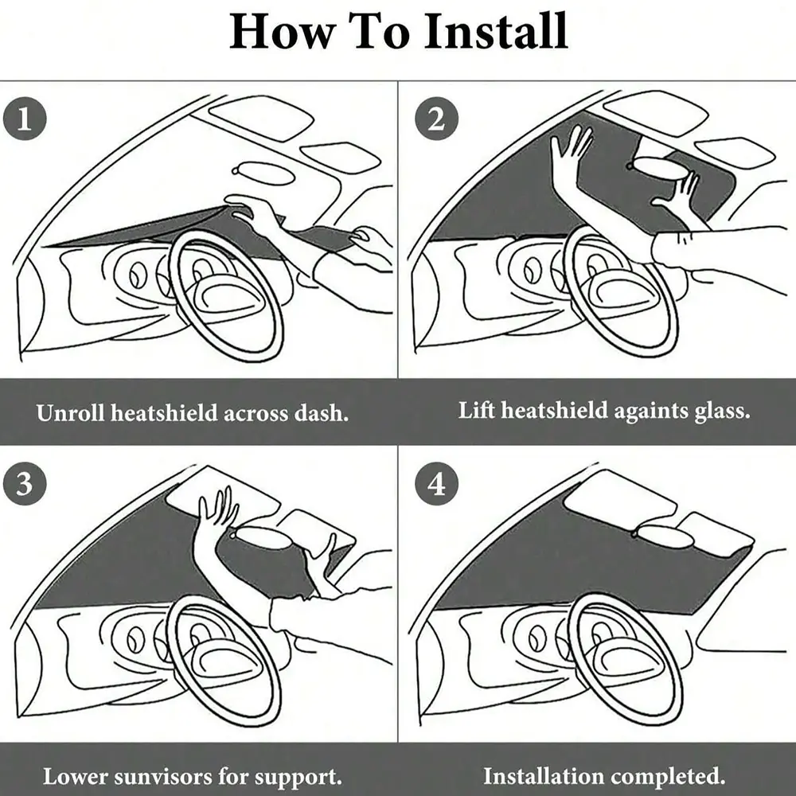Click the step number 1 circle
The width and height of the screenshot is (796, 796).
25,119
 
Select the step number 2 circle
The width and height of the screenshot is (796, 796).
436,119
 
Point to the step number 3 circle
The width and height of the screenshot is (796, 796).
25,483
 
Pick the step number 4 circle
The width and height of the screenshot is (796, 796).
436,483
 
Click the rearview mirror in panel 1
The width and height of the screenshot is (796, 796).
264,173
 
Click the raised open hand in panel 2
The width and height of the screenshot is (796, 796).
571,152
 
